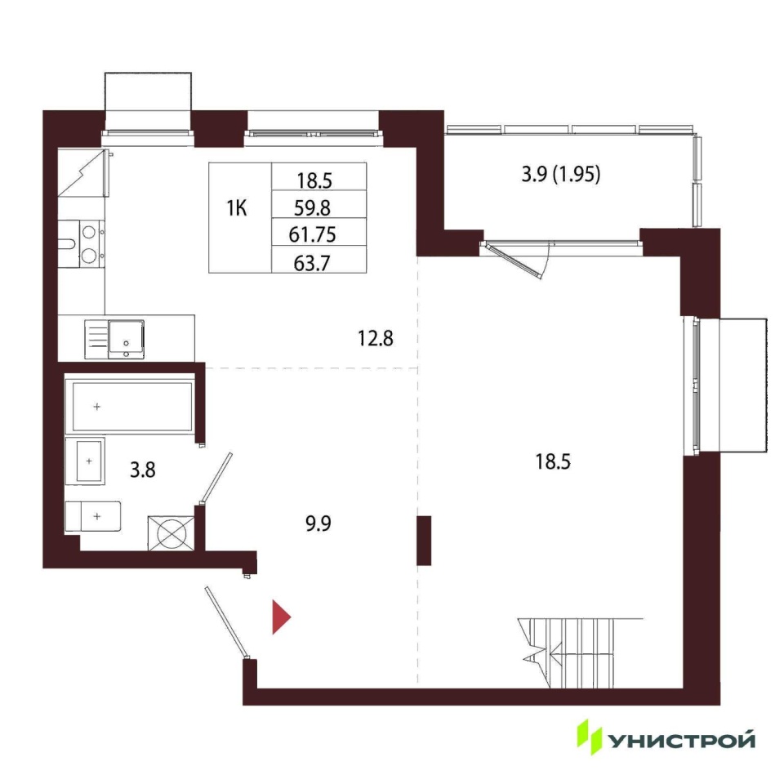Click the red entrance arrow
pyautogui.click(x=280, y=617)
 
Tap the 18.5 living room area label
pyautogui.click(x=553, y=461)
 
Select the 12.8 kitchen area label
pyautogui.click(x=376, y=338)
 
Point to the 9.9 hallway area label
pyautogui.click(x=318, y=523)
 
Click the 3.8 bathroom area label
pyautogui.click(x=142, y=470)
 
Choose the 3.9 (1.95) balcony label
pyautogui.click(x=560, y=174)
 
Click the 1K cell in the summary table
pyautogui.click(x=237, y=208)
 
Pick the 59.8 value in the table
pyautogui.click(x=312, y=207)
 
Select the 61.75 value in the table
pyautogui.click(x=312, y=234)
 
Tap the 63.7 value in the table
pyautogui.click(x=312, y=263)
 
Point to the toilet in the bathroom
pyautogui.click(x=93, y=516)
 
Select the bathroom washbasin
pyautogui.click(x=85, y=461)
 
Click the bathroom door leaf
pyautogui.click(x=216, y=479)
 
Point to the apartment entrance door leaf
pyautogui.click(x=226, y=622)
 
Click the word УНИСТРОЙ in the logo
pyautogui.click(x=681, y=740)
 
